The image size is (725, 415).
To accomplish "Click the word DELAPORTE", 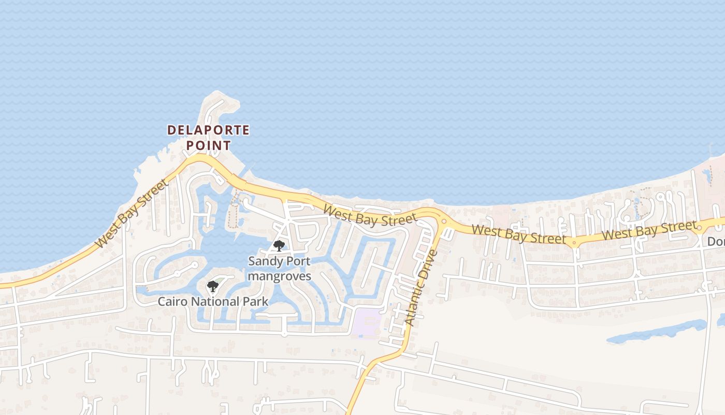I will [208, 130].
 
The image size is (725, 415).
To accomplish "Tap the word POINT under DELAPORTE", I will [208, 145].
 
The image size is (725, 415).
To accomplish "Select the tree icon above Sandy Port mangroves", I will [279, 245].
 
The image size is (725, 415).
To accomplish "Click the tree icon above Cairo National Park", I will [212, 286].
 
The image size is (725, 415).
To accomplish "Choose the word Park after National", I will [256, 301].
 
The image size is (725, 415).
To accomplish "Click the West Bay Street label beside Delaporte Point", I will [132, 213].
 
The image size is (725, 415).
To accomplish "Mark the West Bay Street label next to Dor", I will [649, 230].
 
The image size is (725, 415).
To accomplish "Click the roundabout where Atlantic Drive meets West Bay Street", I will [444, 222].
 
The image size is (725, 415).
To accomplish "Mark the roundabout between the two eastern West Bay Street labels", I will [574, 242].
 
